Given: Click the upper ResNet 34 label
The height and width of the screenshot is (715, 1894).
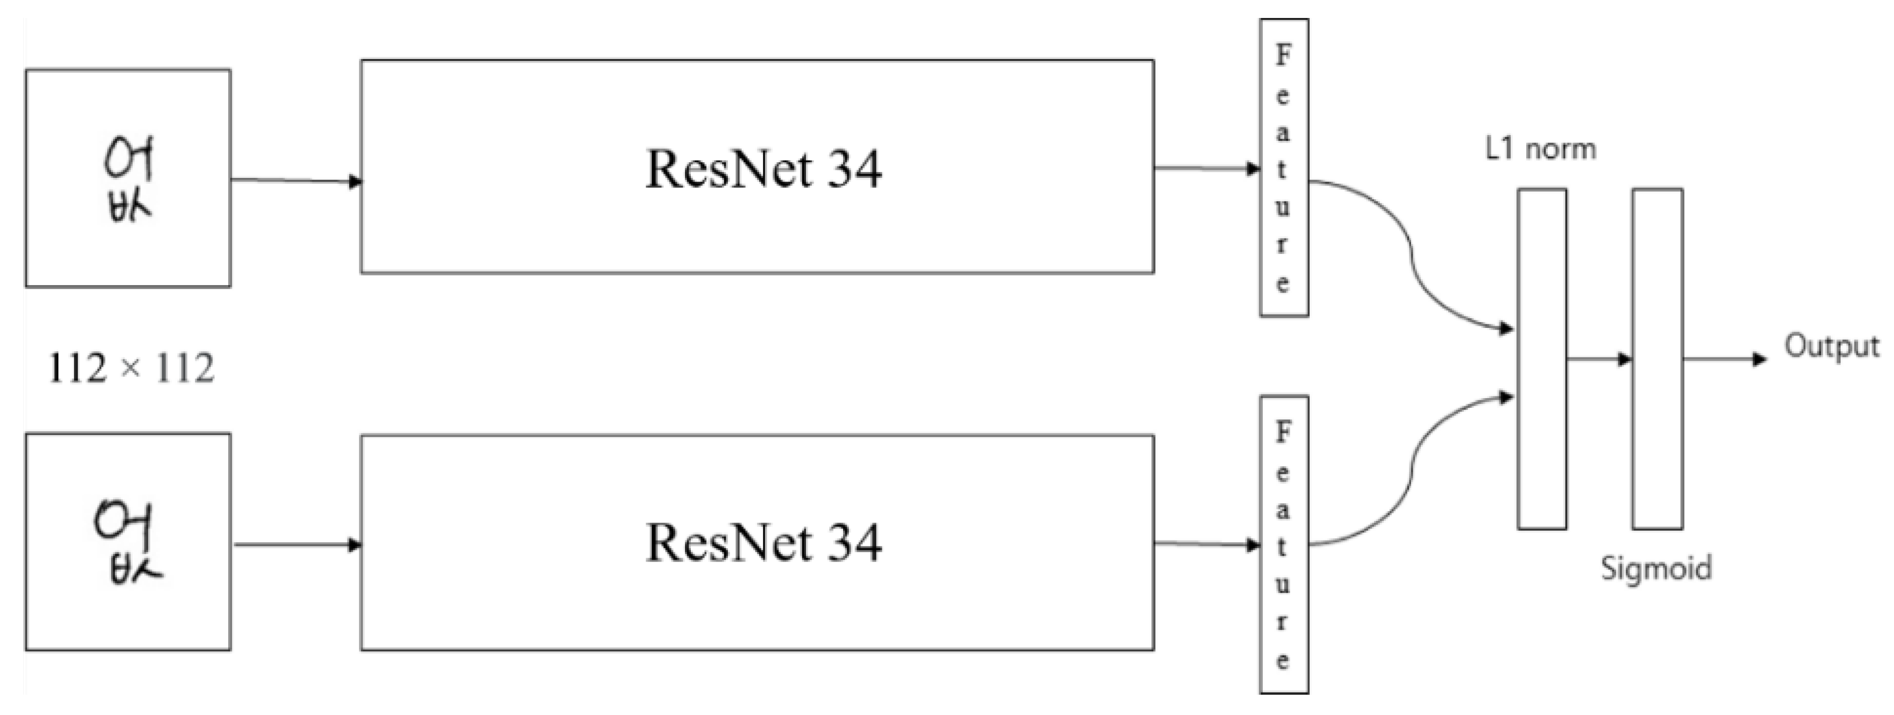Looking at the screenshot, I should click(763, 169).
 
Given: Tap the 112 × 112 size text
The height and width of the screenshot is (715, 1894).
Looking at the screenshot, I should click(131, 368).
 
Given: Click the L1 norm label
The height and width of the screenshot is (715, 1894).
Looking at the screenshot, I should click(1540, 149).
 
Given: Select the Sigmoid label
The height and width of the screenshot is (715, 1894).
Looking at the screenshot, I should click(1656, 568).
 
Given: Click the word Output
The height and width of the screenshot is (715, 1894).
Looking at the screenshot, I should click(1831, 346).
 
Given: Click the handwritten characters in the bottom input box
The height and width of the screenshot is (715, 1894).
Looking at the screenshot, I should click(128, 543).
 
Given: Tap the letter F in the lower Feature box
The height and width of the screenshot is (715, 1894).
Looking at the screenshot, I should click(1283, 432).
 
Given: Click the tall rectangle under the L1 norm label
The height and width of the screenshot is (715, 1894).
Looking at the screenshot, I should click(1542, 359).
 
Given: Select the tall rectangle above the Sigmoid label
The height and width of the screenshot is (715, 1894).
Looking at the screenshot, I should click(1657, 359).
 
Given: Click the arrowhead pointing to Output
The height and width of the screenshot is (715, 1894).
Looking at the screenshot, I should click(1760, 359).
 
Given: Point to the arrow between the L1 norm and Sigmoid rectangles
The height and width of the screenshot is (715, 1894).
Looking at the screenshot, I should click(1599, 359).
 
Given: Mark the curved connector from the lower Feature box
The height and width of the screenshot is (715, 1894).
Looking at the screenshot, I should click(1412, 471).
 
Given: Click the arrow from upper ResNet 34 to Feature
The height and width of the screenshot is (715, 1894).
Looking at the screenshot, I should click(1206, 169).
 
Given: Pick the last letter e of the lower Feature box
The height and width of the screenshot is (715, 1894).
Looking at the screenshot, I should click(1283, 661).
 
